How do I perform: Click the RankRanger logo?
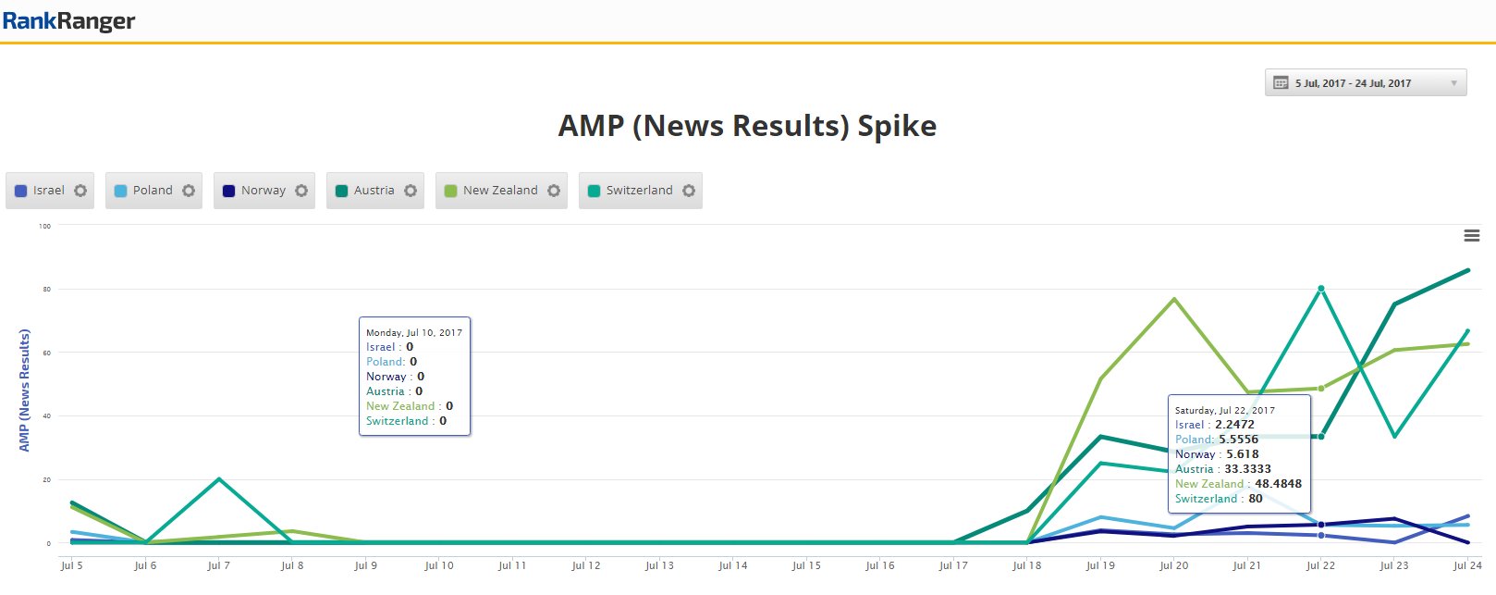click(68, 21)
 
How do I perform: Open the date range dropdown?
click(1365, 83)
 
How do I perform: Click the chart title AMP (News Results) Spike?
click(747, 126)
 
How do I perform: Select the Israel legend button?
click(40, 191)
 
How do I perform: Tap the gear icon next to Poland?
click(189, 191)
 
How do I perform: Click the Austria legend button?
click(365, 191)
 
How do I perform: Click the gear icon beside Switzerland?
click(689, 191)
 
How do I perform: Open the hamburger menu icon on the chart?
click(1472, 236)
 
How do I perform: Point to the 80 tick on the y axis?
click(46, 290)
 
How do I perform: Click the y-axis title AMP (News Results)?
click(25, 390)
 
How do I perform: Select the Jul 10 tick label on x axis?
click(439, 565)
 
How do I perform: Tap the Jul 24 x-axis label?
click(1466, 565)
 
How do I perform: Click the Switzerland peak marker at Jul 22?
click(1321, 289)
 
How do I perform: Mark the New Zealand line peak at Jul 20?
click(1174, 299)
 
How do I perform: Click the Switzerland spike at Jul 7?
click(218, 479)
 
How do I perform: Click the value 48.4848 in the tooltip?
click(1278, 484)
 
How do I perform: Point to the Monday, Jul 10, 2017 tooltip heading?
click(414, 332)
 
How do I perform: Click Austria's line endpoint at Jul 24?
click(1467, 271)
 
